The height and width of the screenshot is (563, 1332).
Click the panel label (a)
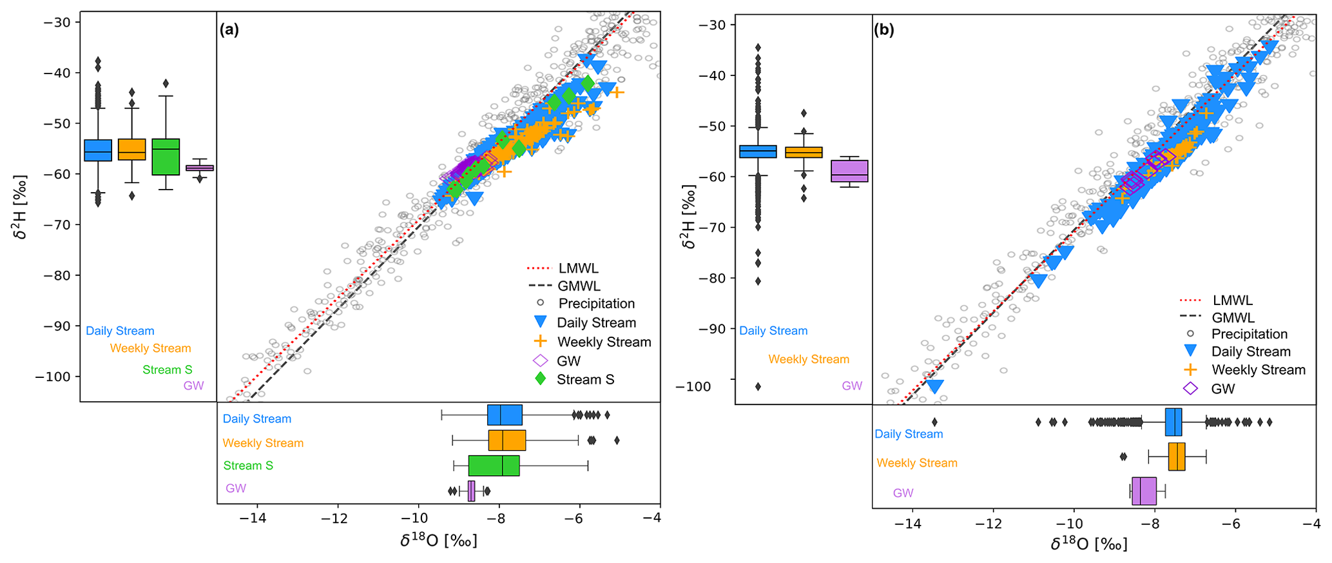(229, 30)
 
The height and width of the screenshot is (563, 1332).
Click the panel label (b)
(883, 30)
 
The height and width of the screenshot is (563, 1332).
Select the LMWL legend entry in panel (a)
(578, 268)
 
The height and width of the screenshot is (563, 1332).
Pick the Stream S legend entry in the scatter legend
(585, 379)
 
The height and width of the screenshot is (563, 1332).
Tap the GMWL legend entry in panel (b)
(1233, 317)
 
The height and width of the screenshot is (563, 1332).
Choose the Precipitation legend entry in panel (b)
(1249, 334)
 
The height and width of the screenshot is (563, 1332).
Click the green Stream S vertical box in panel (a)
(166, 157)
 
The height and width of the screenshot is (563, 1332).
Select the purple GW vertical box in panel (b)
(849, 171)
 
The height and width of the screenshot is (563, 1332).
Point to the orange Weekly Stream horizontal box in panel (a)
(507, 440)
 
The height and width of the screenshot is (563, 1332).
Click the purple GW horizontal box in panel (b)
(1144, 491)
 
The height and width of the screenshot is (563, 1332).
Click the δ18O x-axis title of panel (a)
(438, 540)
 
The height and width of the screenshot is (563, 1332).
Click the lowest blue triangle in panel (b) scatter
(934, 386)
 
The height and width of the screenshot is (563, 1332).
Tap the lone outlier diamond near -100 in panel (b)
(758, 387)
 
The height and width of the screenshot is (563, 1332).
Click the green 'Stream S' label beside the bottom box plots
(248, 466)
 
